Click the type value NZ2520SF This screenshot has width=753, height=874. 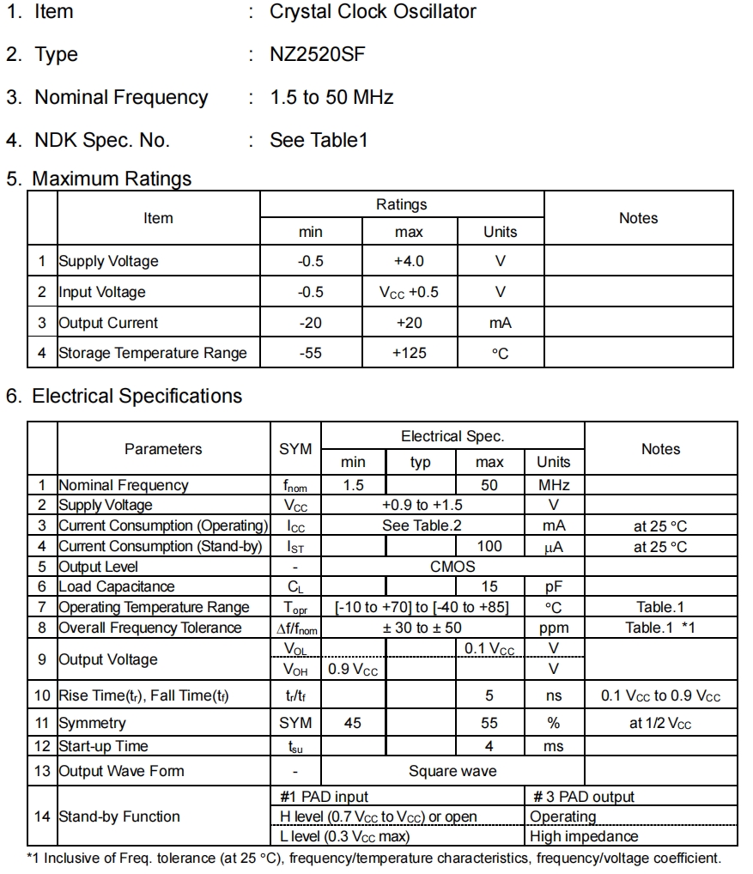[317, 55]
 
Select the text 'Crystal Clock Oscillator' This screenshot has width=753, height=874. [373, 12]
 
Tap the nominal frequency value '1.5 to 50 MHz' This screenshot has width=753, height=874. [331, 98]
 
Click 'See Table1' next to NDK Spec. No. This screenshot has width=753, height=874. [319, 140]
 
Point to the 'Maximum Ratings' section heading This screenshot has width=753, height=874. [112, 179]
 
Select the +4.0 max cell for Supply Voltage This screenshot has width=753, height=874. [409, 261]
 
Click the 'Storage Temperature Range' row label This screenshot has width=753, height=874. [152, 353]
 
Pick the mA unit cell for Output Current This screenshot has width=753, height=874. [501, 323]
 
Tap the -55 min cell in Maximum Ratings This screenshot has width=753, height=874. [310, 353]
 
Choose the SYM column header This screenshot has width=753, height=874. [295, 449]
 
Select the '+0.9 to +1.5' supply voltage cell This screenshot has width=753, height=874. [422, 505]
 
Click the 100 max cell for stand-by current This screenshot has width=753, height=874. [489, 546]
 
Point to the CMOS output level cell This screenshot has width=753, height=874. [452, 567]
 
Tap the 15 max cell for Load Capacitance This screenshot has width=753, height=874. [489, 586]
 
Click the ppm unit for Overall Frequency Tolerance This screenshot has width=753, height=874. [554, 628]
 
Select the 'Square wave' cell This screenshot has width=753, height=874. [452, 771]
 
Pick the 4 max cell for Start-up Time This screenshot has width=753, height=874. [489, 746]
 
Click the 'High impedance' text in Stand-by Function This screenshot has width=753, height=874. [584, 836]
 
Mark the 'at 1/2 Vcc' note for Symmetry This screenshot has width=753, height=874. [660, 723]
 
